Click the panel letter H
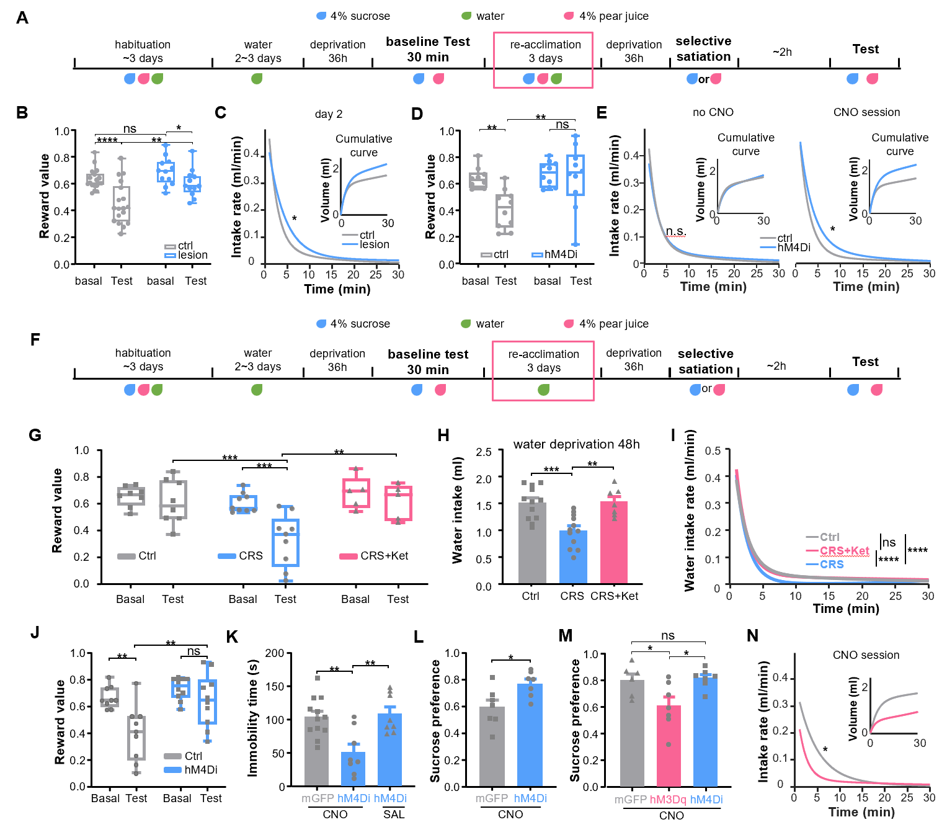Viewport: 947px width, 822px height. (x=443, y=435)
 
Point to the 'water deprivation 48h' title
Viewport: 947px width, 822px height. (x=576, y=444)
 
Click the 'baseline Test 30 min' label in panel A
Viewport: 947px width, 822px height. (x=428, y=49)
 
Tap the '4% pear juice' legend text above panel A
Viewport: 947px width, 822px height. (x=613, y=16)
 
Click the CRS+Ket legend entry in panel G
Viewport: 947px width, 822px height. (x=374, y=556)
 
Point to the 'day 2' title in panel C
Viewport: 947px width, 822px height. (x=329, y=114)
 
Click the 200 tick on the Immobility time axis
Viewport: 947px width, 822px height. (x=274, y=653)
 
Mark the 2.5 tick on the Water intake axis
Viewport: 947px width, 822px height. (x=484, y=452)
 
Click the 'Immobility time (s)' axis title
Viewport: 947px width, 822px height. (x=252, y=718)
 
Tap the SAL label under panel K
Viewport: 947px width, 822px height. (x=394, y=814)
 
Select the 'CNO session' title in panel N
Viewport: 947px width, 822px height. (x=866, y=655)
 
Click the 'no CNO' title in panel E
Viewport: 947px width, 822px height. (x=713, y=112)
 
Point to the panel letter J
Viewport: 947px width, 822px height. (x=35, y=632)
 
